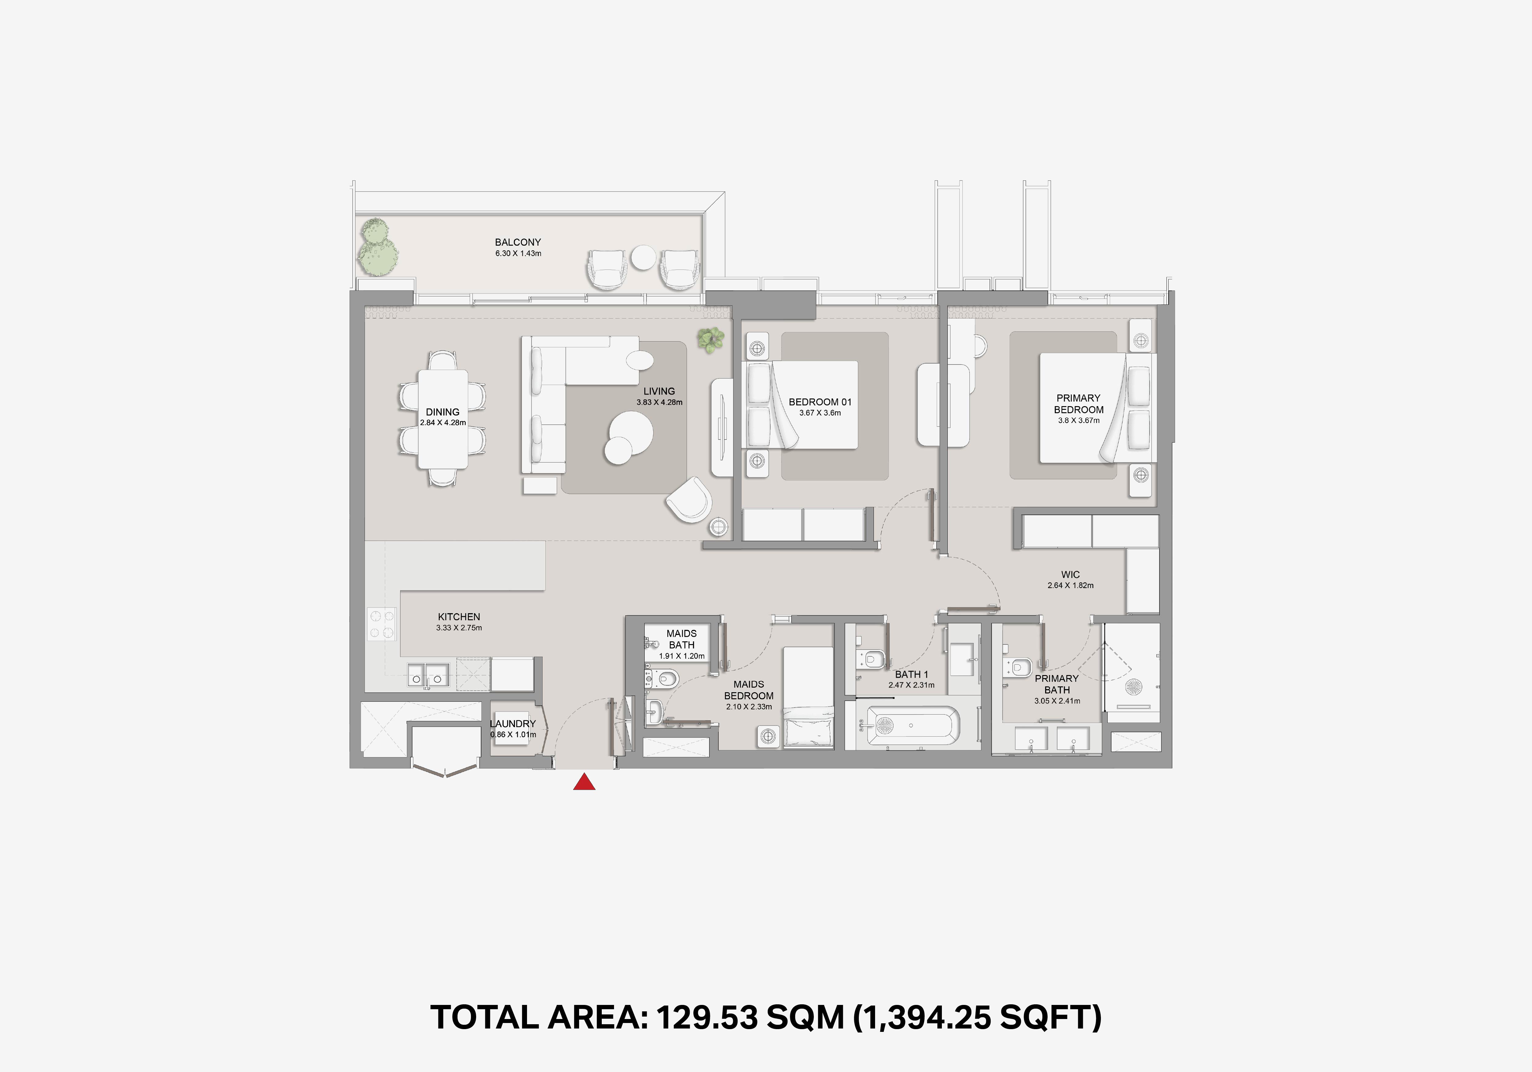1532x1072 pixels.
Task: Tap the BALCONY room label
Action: pyautogui.click(x=518, y=242)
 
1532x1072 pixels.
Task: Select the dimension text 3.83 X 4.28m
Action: pyautogui.click(x=659, y=402)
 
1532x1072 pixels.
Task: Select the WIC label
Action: pyautogui.click(x=1070, y=574)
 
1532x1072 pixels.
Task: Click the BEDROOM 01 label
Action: pyautogui.click(x=820, y=402)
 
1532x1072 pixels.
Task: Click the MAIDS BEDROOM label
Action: pyautogui.click(x=749, y=690)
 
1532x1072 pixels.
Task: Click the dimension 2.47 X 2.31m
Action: pyautogui.click(x=912, y=685)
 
